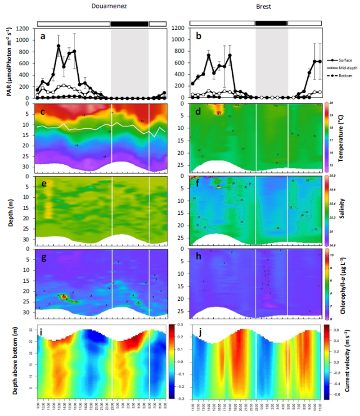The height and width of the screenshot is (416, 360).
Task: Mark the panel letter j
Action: coord(196,334)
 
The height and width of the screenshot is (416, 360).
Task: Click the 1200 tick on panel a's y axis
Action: coord(25,28)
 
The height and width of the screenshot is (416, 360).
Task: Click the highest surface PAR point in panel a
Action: coord(58,45)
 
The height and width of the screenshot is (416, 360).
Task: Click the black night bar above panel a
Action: coord(130,23)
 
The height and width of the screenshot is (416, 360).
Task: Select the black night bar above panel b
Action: coord(271,23)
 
